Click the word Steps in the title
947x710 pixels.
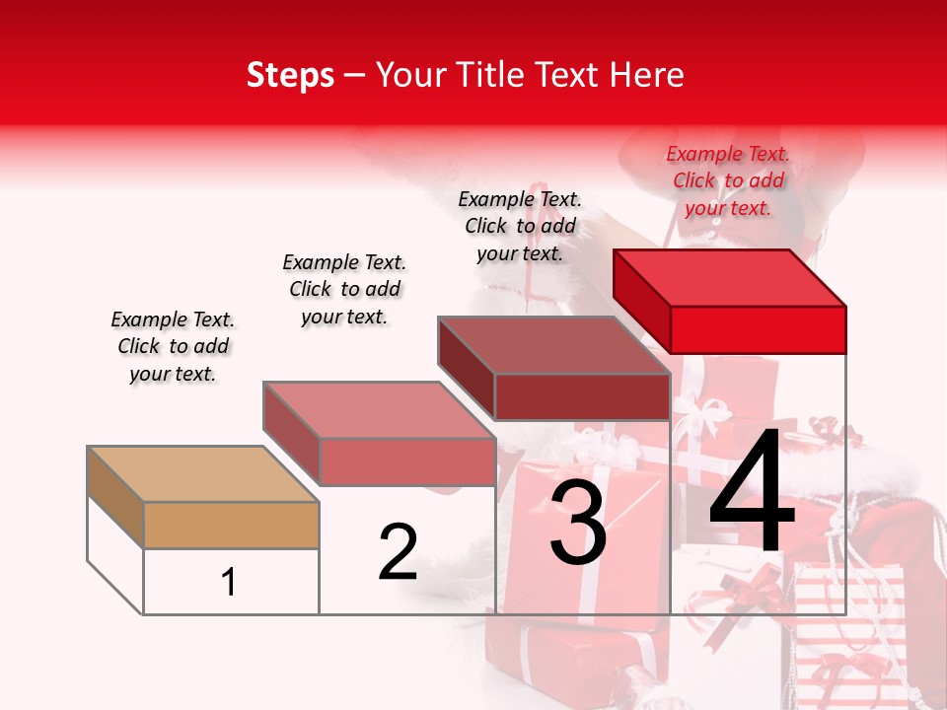[x=290, y=75]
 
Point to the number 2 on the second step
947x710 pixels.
[x=398, y=552]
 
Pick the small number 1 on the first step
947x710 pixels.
[x=229, y=582]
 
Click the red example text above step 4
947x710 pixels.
[x=728, y=180]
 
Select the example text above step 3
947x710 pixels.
[x=520, y=226]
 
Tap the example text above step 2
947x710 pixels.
[x=344, y=289]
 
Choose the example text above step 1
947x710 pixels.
[x=173, y=346]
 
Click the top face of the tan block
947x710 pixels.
[x=202, y=473]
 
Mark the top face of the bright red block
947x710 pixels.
[x=730, y=277]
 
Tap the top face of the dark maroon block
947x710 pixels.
[x=552, y=345]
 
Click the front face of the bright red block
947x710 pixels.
[x=758, y=329]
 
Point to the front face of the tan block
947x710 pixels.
[x=231, y=525]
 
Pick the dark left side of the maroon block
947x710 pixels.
[x=466, y=368]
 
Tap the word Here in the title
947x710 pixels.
[x=647, y=75]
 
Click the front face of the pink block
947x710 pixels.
[x=406, y=461]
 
